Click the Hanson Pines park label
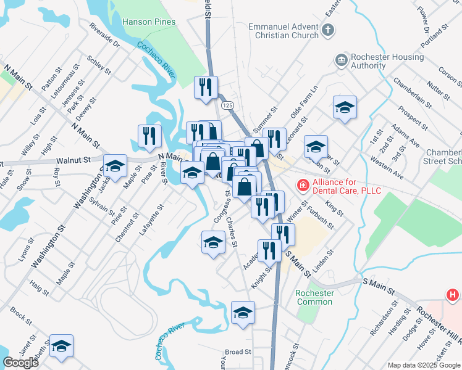coord(149,22)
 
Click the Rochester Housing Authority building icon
coord(340,60)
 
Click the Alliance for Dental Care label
coord(346,186)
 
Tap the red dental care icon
coord(303,184)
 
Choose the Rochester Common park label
coord(314,297)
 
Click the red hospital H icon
coord(453,296)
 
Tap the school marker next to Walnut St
coord(115,166)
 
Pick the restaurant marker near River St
coord(149,136)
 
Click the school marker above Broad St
coord(243,313)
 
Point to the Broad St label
coord(238,352)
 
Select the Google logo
coord(20,363)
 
